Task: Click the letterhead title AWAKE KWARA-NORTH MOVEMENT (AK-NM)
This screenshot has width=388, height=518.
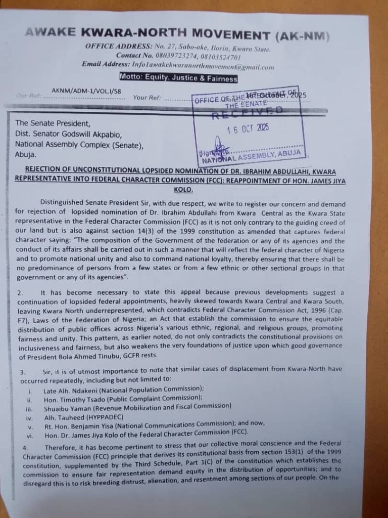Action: point(177,34)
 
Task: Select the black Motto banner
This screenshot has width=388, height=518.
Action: point(178,78)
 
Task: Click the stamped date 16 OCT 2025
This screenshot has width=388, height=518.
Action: point(248,128)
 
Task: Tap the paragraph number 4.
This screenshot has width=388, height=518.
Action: point(25,448)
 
